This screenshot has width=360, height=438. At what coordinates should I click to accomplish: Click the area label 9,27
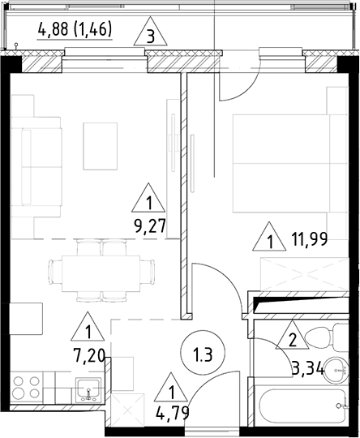pos(148,226)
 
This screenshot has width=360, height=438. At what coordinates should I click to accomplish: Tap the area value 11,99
pos(307,239)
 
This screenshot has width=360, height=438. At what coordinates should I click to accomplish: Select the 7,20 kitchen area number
pos(86,357)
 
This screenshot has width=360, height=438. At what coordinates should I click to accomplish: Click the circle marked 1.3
pos(203,354)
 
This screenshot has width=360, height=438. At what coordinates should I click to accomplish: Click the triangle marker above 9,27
pos(149,200)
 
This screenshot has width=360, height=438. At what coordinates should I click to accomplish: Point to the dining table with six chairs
pos(101,268)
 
